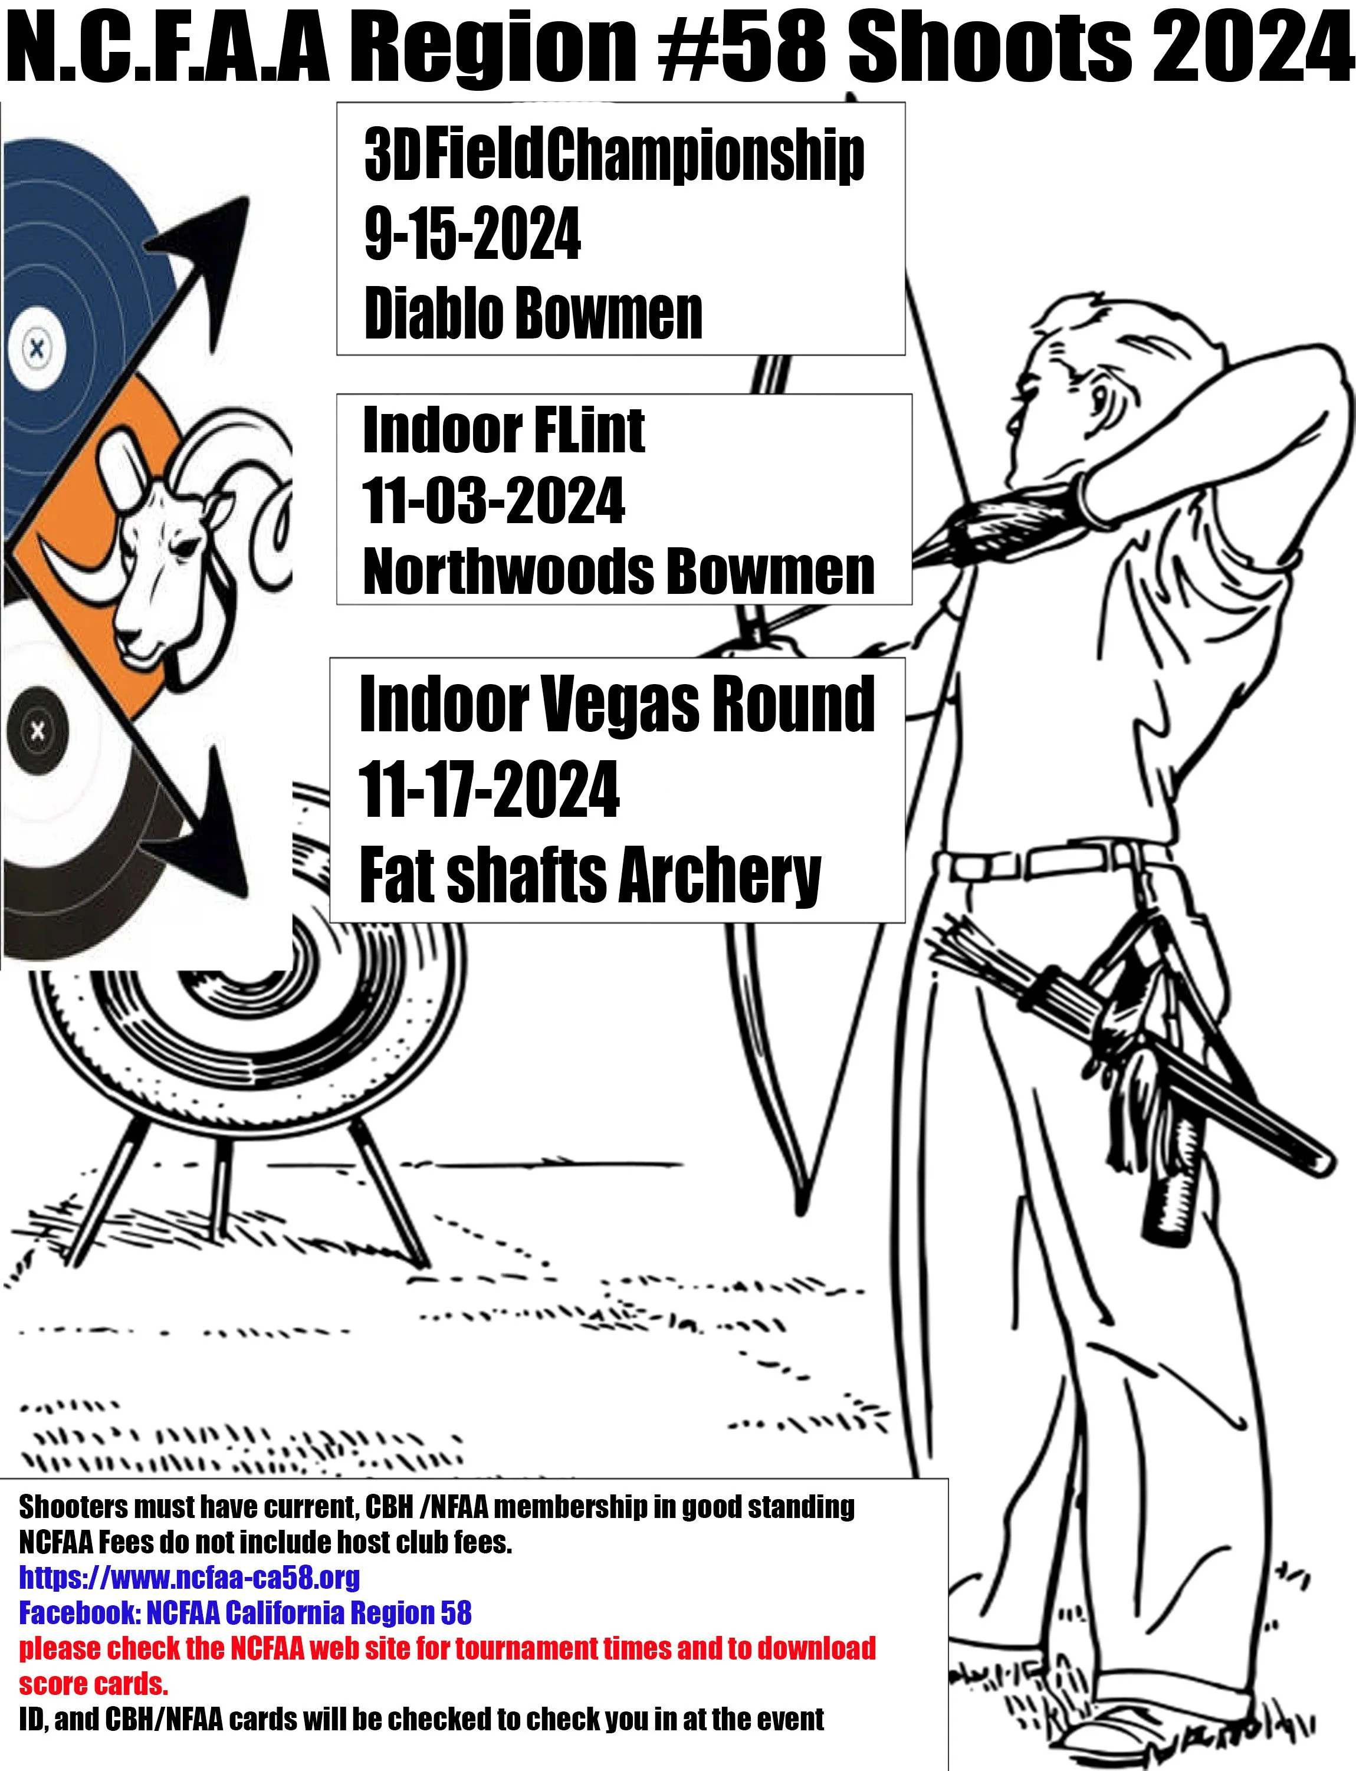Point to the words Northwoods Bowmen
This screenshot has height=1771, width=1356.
[x=618, y=571]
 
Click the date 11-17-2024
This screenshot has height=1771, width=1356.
[x=489, y=789]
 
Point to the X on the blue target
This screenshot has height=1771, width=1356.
[x=37, y=349]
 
